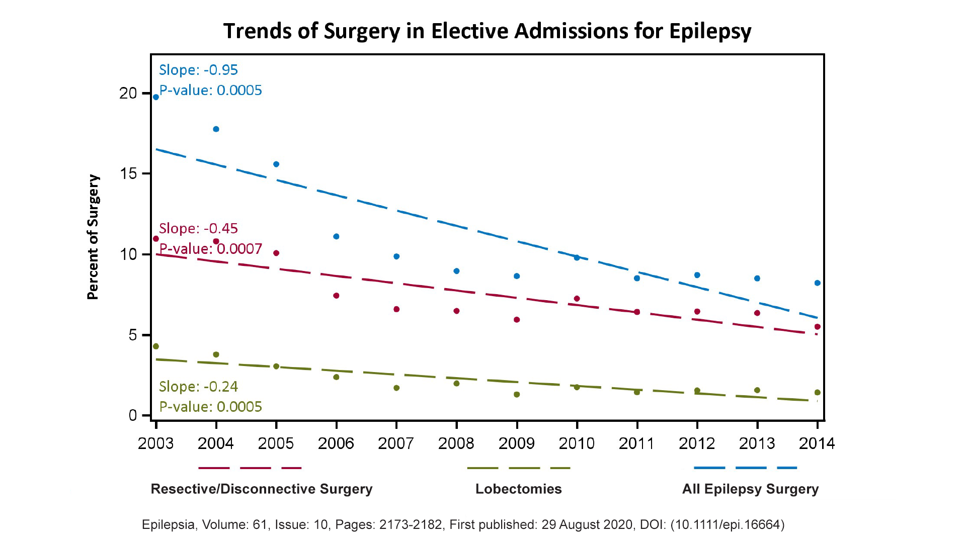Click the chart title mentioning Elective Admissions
coord(487,31)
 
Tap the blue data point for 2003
coord(156,97)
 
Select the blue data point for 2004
coord(216,129)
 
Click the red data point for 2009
coord(517,320)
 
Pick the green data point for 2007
coord(396,388)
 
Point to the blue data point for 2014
coord(818,283)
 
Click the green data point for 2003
coord(156,346)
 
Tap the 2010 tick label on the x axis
coord(577,443)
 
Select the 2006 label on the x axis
coord(336,443)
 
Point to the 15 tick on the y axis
coord(128,174)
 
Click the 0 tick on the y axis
coord(133,415)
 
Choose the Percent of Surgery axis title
coord(93,237)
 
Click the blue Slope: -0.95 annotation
coord(198,70)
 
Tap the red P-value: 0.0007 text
coord(211,249)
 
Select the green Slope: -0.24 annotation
coord(198,387)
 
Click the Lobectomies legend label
coord(518,489)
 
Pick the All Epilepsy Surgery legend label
coord(750,489)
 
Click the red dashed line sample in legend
coord(250,468)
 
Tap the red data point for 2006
coord(336,296)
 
